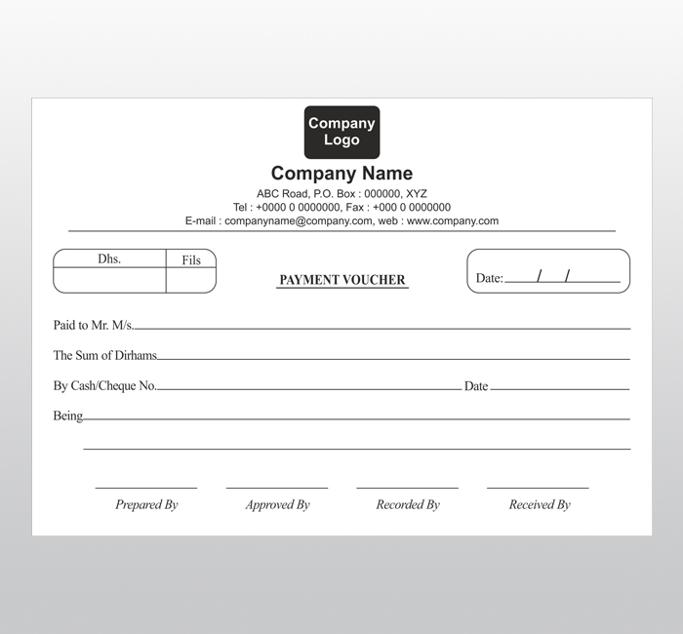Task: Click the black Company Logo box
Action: [x=341, y=132]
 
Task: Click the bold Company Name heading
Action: [x=341, y=174]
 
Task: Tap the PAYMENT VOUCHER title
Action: [x=342, y=280]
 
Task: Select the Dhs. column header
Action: [x=109, y=259]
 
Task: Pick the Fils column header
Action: [x=191, y=260]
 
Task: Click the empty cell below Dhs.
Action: [x=109, y=280]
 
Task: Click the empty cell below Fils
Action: [x=191, y=280]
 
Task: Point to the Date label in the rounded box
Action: [x=489, y=278]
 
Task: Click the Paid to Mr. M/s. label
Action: [x=93, y=325]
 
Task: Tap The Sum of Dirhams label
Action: [x=104, y=356]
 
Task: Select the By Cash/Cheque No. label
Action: [x=104, y=386]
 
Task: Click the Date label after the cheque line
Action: [x=476, y=386]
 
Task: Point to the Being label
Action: [x=67, y=416]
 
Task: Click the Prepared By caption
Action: [x=146, y=505]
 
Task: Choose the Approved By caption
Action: [x=277, y=505]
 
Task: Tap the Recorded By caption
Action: [x=408, y=505]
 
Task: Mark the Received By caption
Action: [x=540, y=505]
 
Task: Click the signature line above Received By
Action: [x=538, y=488]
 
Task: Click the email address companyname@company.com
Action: [x=299, y=221]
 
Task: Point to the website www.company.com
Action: [x=453, y=221]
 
